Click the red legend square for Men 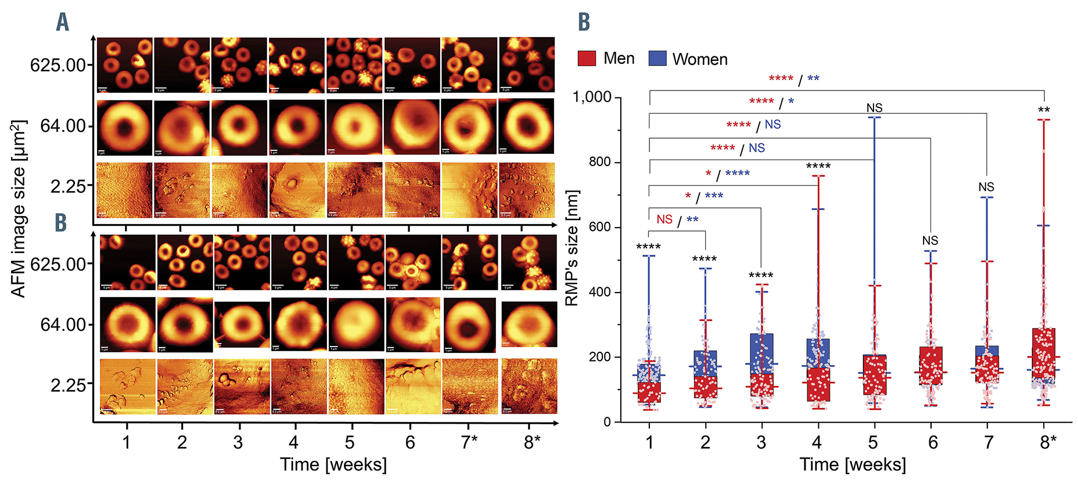tap(587, 58)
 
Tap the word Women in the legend tap(699, 59)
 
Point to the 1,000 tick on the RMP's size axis tap(592, 97)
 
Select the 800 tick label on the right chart tap(600, 162)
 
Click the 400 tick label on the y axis tap(600, 292)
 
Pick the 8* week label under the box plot tap(1048, 442)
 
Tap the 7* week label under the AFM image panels tap(469, 442)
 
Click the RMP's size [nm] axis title tap(572, 248)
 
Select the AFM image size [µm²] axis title tap(19, 209)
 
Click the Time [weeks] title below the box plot tap(853, 464)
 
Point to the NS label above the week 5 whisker tap(874, 108)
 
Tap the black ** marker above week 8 tap(1044, 110)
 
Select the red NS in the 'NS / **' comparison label tap(664, 219)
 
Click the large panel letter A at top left tap(62, 23)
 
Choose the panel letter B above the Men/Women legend tap(584, 23)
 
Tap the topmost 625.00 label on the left tap(58, 64)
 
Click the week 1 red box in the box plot tap(649, 392)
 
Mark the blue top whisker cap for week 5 tap(874, 117)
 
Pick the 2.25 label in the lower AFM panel tap(69, 385)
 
